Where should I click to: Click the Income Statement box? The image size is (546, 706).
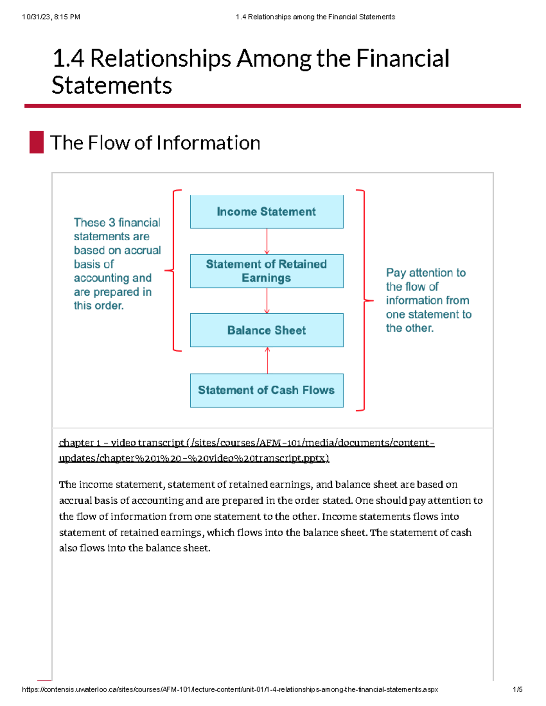coord(267,212)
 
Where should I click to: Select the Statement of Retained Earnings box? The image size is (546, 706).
coord(267,271)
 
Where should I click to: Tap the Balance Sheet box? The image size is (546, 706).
coord(267,330)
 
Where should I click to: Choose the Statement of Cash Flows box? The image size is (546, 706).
coord(267,390)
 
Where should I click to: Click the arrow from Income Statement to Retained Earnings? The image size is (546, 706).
coord(267,241)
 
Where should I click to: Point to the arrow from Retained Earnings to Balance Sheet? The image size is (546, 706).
coord(267,300)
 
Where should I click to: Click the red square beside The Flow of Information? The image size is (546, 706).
coord(36,142)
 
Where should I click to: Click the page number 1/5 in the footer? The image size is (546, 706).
coord(517,690)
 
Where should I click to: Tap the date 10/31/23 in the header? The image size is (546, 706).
coord(36,17)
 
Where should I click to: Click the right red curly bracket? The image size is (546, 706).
coord(364,300)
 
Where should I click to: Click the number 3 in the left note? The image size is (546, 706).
coord(111,223)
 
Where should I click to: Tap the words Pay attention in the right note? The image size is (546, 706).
coord(425,273)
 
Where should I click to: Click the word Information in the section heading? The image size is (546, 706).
coord(208,143)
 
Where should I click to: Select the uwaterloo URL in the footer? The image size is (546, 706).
coord(230,690)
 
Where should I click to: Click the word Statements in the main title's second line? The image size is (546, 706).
coord(112,85)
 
